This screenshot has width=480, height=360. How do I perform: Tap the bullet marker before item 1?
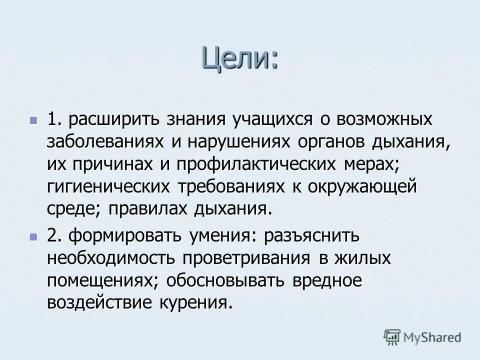click(33, 120)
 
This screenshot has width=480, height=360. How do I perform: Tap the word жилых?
click(359, 258)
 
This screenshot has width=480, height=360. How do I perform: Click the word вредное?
click(324, 280)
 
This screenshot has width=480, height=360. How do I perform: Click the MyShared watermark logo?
click(422, 337)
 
